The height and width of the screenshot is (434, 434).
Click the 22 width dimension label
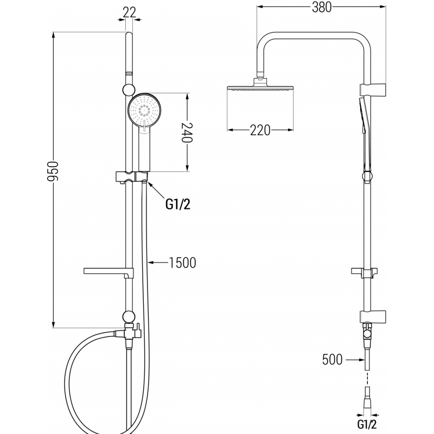pos(129,12)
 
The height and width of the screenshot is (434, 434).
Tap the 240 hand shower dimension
pos(187,132)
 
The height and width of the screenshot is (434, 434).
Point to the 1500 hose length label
pos(182,263)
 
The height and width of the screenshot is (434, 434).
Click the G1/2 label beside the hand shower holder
pos(177,204)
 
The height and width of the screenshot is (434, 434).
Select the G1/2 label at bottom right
pos(367,422)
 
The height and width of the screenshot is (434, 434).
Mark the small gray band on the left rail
pos(129,72)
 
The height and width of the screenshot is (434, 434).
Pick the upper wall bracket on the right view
pos(373,88)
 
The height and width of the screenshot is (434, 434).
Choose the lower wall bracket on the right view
pos(373,315)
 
